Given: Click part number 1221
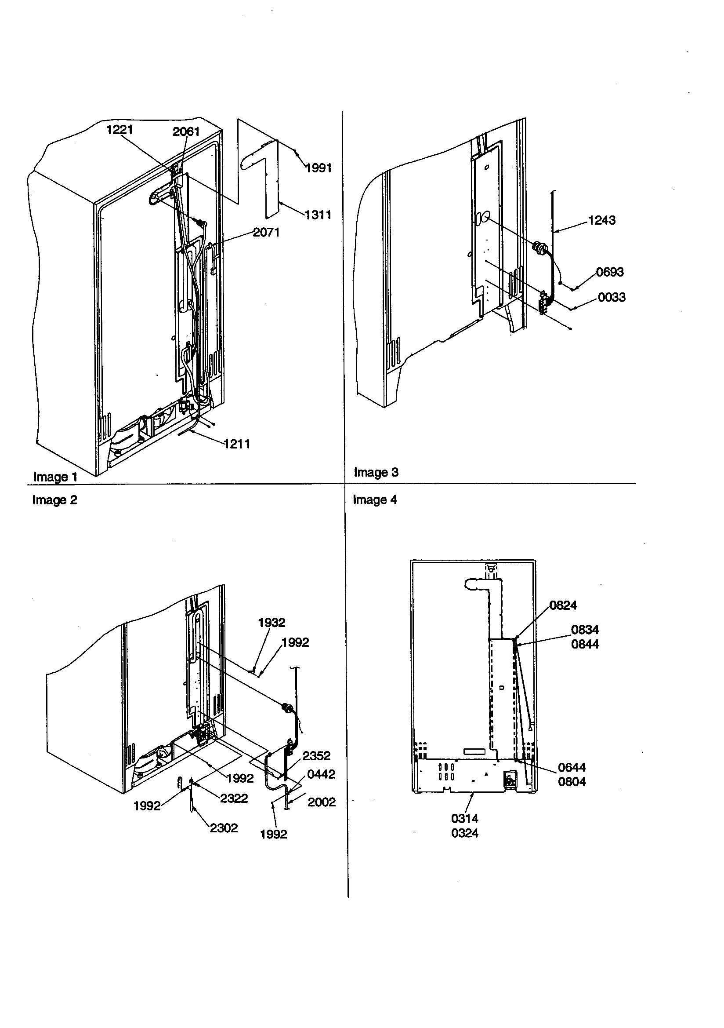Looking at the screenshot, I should click(119, 130).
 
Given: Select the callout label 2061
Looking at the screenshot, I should click(186, 131).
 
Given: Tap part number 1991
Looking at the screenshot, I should click(318, 168).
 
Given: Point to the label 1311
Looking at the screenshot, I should click(318, 215).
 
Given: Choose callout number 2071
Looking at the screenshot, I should click(266, 232).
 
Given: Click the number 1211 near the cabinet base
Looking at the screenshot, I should click(237, 444).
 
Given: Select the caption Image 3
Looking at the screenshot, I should click(376, 472).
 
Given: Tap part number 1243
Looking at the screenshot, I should click(601, 220).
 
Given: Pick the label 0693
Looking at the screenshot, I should click(609, 272).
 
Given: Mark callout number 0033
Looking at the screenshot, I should click(611, 298).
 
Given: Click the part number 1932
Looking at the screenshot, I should click(271, 623).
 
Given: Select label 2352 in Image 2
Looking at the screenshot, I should click(316, 756).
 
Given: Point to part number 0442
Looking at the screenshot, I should click(321, 774).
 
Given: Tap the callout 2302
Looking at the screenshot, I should click(224, 828).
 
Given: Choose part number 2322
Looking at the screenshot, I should click(234, 798).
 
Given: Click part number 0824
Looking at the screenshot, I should click(563, 605).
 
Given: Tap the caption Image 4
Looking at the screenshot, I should click(375, 499).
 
